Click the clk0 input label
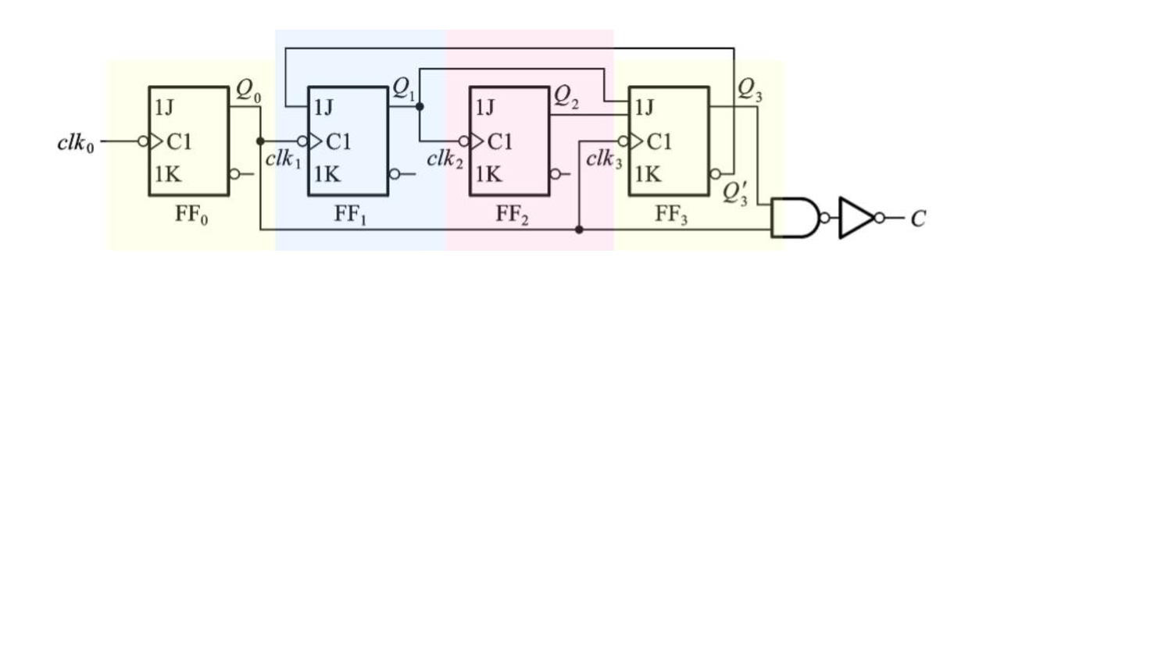click(x=76, y=144)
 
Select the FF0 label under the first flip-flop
click(x=191, y=215)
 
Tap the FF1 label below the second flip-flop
click(x=351, y=215)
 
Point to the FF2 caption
click(x=512, y=215)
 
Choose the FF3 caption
click(x=671, y=215)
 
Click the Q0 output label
click(x=248, y=91)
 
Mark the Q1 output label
click(x=404, y=89)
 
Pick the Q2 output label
click(x=566, y=97)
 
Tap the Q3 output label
click(x=749, y=89)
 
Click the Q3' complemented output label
click(x=735, y=192)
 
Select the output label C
click(x=918, y=219)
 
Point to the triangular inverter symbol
click(x=856, y=218)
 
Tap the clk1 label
click(x=283, y=159)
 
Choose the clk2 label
click(x=445, y=160)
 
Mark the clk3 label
click(x=604, y=159)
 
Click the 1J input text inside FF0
click(x=164, y=107)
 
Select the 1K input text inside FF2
click(x=488, y=174)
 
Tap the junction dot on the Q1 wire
click(x=420, y=106)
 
